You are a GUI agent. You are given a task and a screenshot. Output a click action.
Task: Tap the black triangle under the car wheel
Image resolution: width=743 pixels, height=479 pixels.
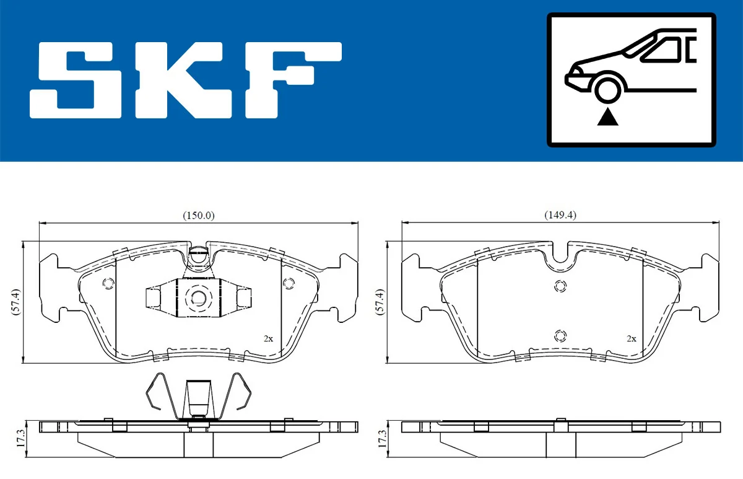tap(608, 116)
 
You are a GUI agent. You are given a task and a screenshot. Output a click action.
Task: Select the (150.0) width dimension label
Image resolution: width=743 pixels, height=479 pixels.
tap(198, 215)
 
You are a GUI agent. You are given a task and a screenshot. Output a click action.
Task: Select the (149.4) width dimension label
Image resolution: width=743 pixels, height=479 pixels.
tap(560, 215)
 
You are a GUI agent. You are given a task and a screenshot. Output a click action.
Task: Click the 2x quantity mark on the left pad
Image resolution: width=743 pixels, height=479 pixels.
tap(268, 338)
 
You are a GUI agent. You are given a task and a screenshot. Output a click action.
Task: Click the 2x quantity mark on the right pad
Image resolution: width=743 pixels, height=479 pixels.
tap(632, 338)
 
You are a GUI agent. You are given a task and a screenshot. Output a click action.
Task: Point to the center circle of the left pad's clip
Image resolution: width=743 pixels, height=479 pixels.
tap(199, 298)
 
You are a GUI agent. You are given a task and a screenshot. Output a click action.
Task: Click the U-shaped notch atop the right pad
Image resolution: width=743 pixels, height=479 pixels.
tap(562, 254)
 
